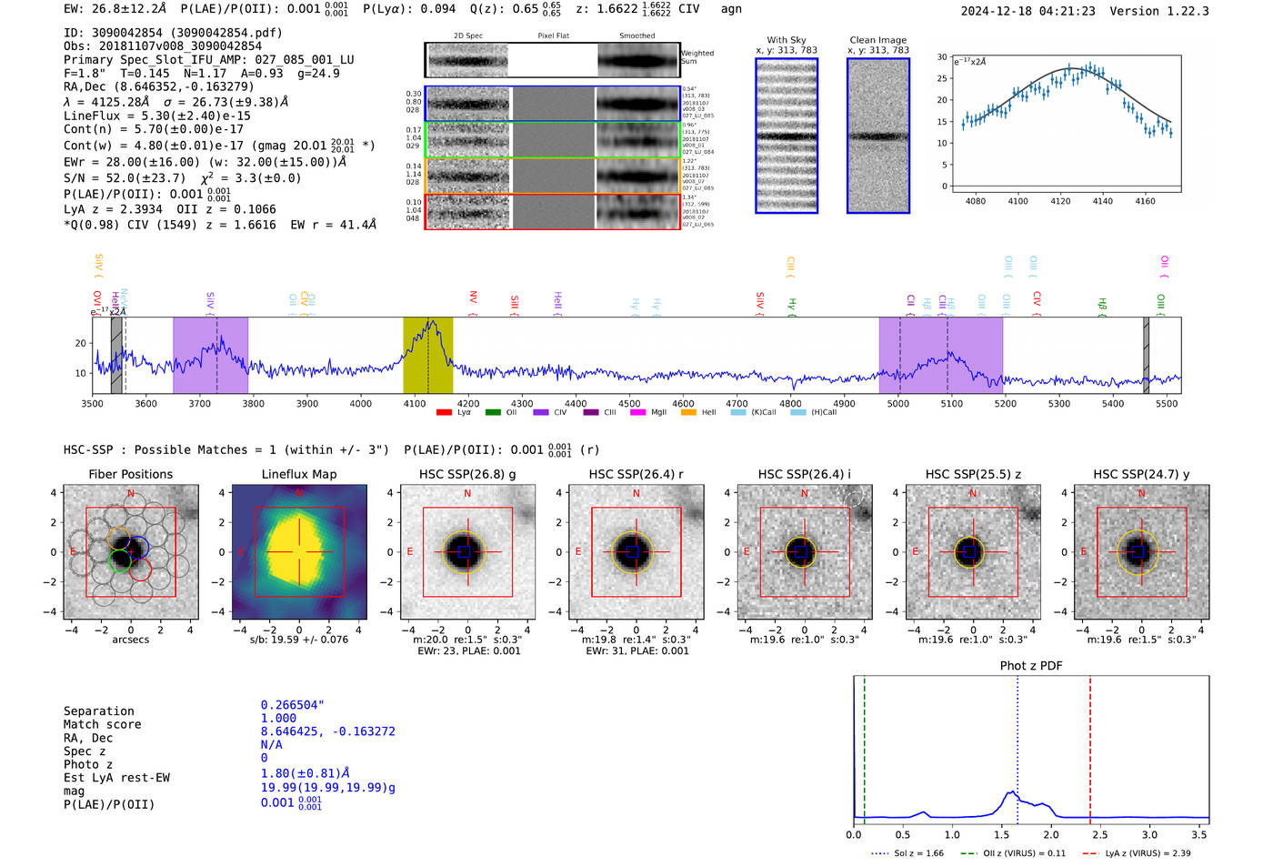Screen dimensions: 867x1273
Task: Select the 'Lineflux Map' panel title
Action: point(298,474)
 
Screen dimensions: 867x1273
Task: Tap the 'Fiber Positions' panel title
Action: point(130,474)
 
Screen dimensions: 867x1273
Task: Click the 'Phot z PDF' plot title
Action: point(1031,666)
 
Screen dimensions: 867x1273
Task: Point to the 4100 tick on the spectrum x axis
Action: point(415,404)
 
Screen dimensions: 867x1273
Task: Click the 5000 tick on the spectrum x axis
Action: point(897,404)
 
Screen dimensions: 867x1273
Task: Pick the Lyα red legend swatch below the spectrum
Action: point(444,412)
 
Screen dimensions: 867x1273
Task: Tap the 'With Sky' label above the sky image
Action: point(786,40)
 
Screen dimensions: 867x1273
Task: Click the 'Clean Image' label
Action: point(877,40)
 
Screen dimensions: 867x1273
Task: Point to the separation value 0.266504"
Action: point(292,705)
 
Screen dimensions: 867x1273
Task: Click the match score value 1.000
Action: point(278,718)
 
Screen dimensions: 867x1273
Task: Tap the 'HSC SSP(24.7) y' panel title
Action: point(1141,474)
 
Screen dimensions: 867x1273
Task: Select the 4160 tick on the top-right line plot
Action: point(1145,201)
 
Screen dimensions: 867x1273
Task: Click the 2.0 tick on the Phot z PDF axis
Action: point(1050,834)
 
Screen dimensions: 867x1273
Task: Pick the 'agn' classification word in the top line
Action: point(731,9)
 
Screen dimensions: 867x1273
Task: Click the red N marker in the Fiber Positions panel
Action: point(131,494)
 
